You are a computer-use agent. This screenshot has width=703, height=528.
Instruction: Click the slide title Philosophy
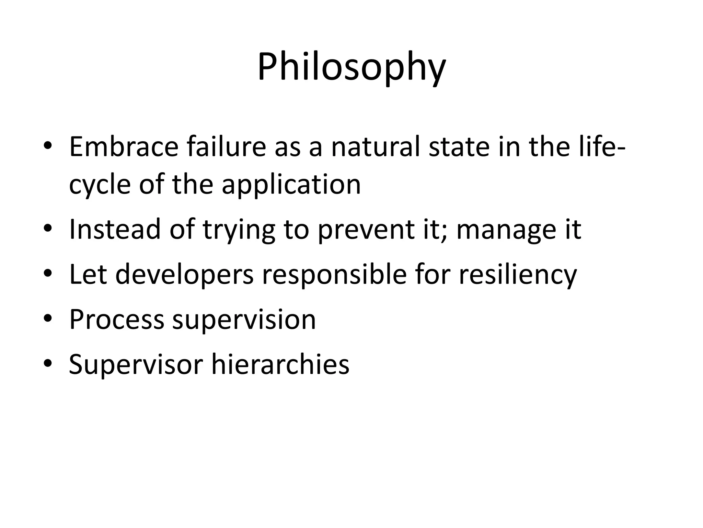point(351,67)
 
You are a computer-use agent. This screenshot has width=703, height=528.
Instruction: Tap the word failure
point(226,147)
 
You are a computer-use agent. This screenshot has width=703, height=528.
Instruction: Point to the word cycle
point(100,185)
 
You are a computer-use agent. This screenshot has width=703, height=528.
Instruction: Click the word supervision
point(244,320)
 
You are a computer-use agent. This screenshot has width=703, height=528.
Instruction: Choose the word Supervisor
point(136,364)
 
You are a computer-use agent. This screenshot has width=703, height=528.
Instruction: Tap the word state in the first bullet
point(459,147)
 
